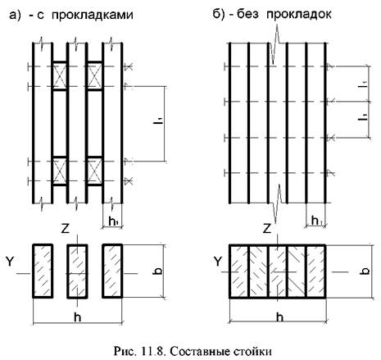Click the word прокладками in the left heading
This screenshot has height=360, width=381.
93,15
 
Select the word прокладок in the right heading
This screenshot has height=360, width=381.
299,14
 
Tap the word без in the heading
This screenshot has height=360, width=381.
247,14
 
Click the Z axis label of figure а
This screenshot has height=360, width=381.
66,229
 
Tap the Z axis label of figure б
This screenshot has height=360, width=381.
267,228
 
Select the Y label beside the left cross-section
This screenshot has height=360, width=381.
10,262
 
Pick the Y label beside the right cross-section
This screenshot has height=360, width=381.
218,262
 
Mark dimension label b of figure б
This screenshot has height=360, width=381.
366,270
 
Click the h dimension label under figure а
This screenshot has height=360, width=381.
78,317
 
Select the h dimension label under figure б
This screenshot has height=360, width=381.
279,317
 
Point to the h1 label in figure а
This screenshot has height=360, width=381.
113,221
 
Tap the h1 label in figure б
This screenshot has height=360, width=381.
316,221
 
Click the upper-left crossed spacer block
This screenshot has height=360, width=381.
60,75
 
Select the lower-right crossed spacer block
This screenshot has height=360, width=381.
94,171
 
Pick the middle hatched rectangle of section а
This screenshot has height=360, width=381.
78,271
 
